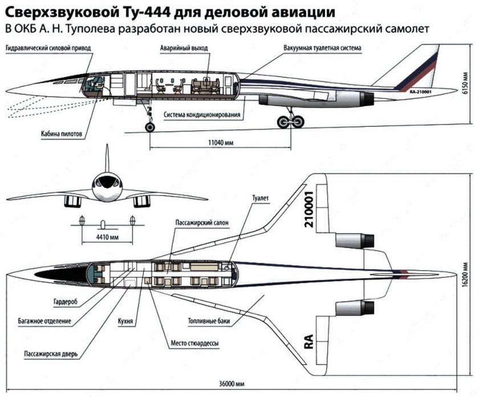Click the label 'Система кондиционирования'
pyautogui.click(x=201, y=115)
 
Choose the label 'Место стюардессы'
pyautogui.click(x=194, y=343)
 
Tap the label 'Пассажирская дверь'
pyautogui.click(x=51, y=354)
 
